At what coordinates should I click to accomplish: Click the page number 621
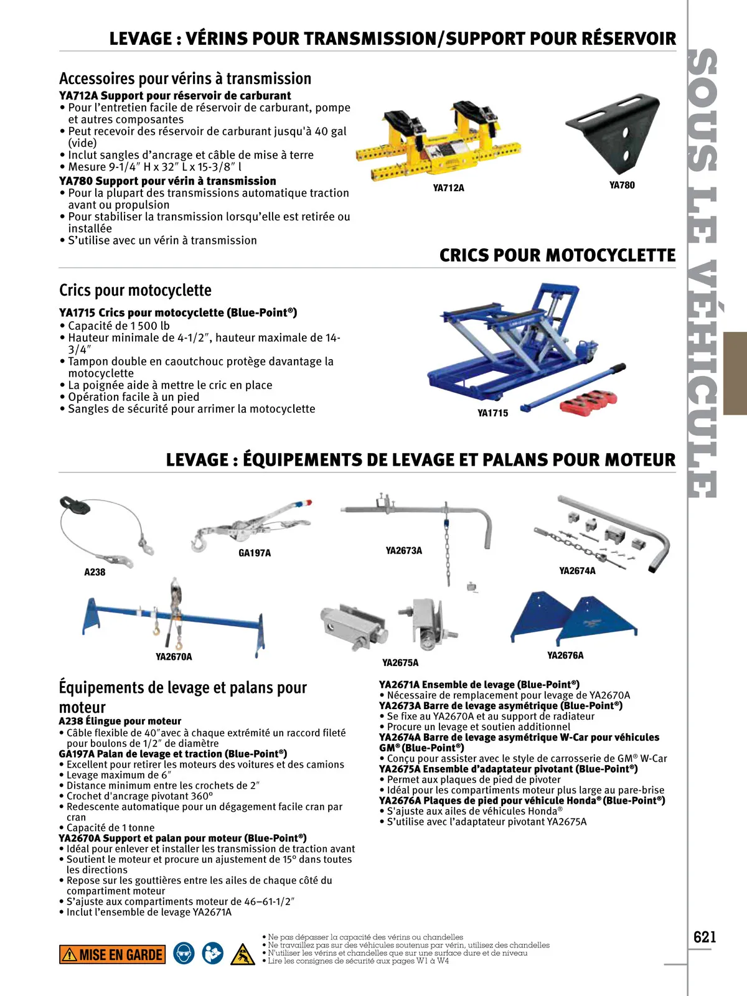[x=705, y=937]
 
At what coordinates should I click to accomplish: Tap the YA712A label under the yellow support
[x=448, y=188]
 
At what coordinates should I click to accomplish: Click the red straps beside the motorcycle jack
[x=588, y=402]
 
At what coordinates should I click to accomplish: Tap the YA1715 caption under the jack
[x=492, y=413]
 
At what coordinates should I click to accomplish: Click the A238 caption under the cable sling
[x=95, y=572]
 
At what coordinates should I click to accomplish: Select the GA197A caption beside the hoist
[x=255, y=553]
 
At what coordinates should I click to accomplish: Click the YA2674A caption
[x=577, y=571]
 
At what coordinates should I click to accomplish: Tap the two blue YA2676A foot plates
[x=573, y=619]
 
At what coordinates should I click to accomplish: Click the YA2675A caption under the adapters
[x=400, y=663]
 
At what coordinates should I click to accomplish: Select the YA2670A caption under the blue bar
[x=174, y=657]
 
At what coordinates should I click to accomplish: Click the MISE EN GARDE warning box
[x=113, y=954]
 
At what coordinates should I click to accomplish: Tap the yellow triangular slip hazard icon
[x=242, y=954]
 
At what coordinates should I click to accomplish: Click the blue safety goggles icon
[x=184, y=954]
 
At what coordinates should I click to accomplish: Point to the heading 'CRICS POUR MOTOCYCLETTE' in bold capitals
[x=557, y=255]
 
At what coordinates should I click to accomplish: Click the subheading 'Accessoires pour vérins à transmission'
[x=185, y=79]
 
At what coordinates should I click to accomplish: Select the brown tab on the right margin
[x=735, y=374]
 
